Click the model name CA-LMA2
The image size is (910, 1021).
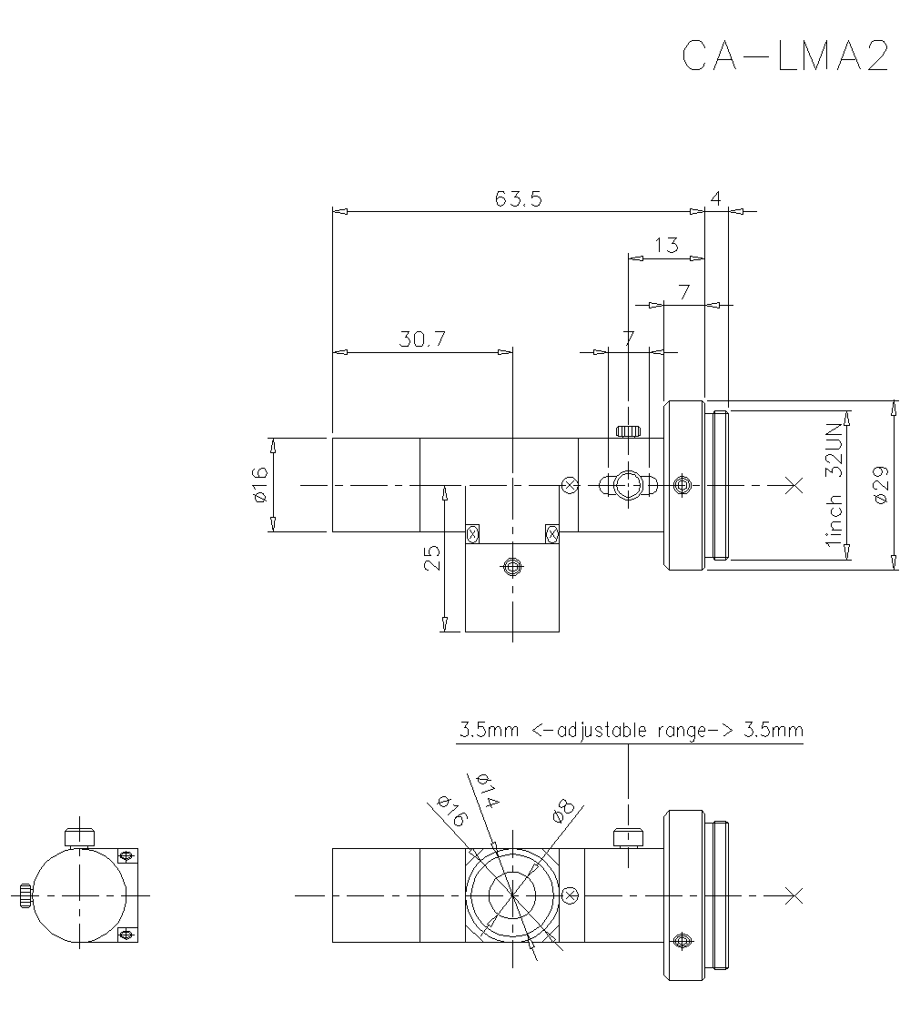784,56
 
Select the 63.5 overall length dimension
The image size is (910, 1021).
519,199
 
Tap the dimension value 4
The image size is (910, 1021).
716,199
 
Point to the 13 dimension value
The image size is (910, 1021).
666,245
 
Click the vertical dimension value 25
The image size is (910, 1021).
432,557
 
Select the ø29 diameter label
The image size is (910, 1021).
881,486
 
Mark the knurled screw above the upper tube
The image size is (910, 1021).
629,430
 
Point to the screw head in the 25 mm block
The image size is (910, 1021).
512,568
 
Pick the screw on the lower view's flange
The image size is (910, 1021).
681,940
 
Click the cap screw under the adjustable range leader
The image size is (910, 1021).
627,836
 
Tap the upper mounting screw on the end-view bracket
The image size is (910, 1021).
126,856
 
